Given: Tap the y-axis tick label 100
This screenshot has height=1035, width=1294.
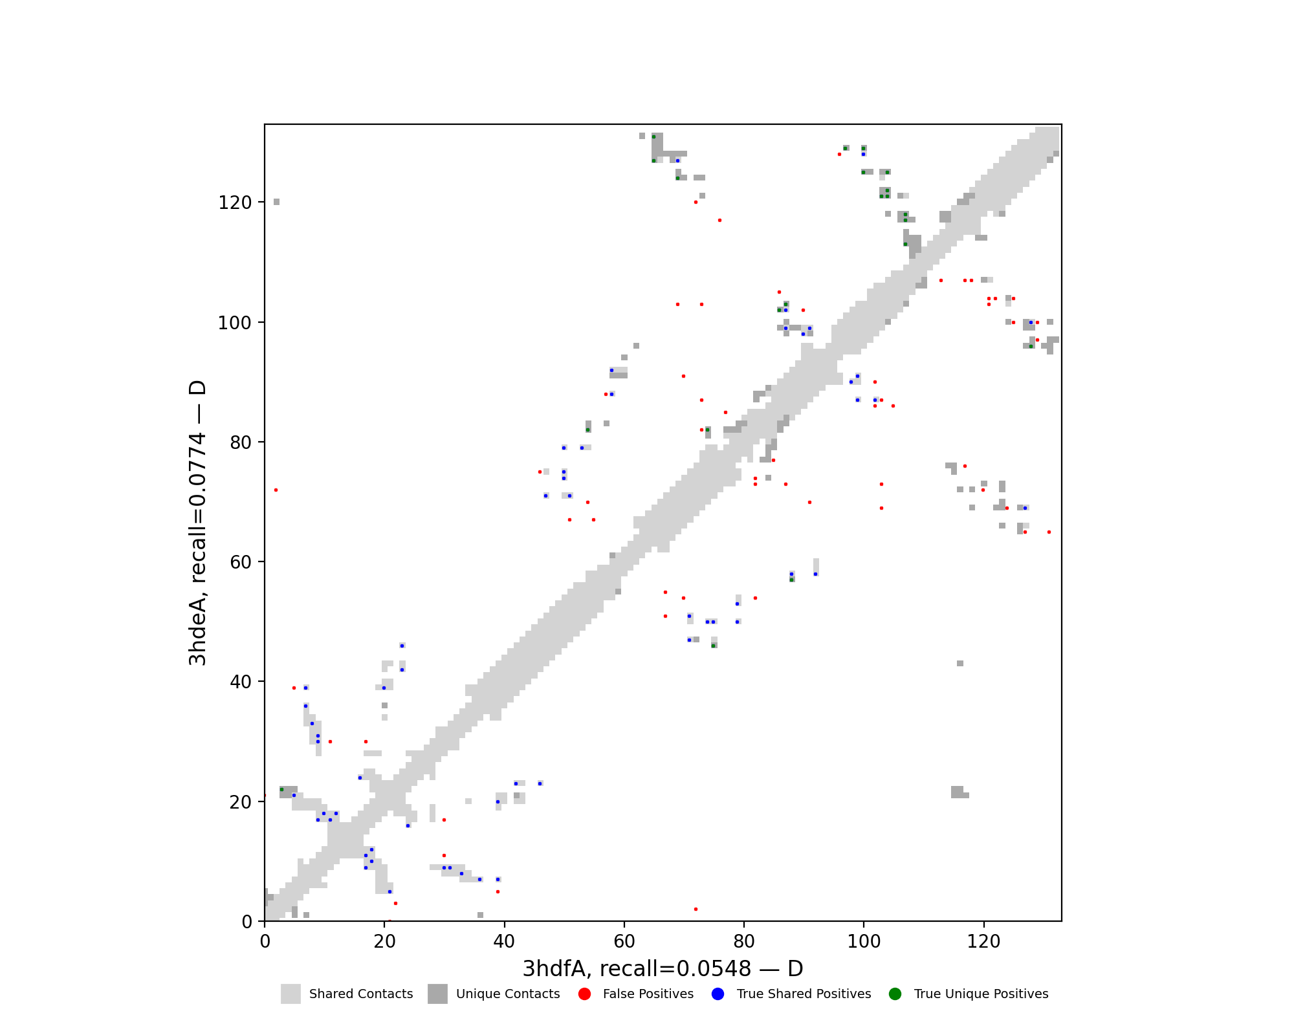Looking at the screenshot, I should point(234,322).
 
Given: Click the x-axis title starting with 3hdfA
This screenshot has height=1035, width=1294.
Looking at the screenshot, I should point(663,968).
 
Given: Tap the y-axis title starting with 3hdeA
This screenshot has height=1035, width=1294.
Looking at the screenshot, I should point(197,523).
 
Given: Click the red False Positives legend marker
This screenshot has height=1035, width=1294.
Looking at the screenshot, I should point(585,994).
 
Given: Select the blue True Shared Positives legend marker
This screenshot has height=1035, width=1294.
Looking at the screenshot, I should point(718,994).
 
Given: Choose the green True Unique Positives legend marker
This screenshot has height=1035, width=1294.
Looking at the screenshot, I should point(895,994).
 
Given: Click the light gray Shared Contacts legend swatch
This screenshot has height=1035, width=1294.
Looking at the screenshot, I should point(291,994).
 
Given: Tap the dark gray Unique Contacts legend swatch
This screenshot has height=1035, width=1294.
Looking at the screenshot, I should point(437,994).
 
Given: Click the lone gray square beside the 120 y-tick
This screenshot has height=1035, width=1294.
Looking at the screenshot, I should point(276,202).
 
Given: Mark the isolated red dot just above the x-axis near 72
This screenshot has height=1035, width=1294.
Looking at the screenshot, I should point(696,909).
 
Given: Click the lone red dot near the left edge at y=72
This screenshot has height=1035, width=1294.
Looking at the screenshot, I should point(276,490).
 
